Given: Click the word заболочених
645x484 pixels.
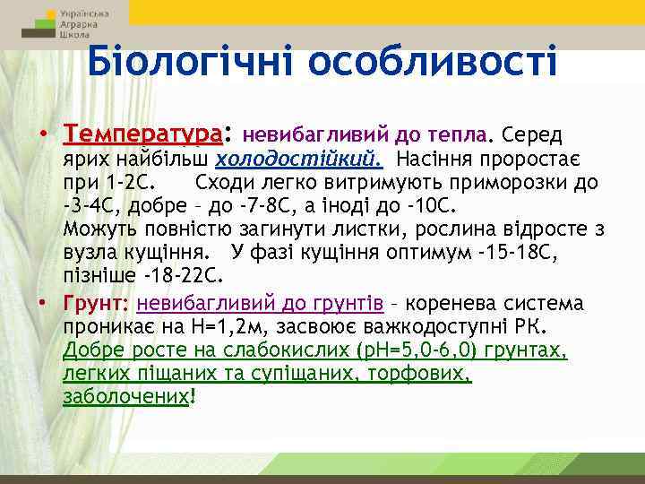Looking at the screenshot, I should pos(126,396).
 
